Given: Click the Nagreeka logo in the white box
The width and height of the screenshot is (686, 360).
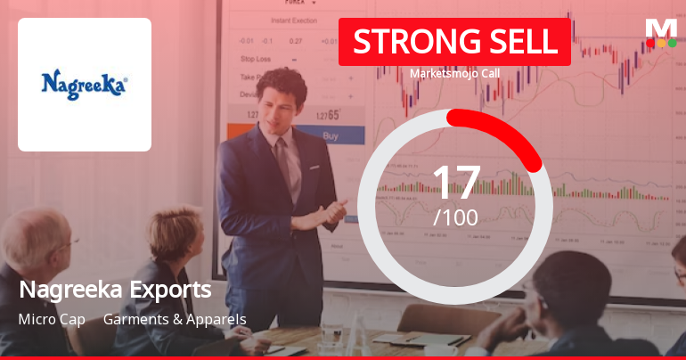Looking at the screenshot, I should (85, 85).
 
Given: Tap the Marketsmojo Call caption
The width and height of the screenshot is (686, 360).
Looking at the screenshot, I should (453, 74).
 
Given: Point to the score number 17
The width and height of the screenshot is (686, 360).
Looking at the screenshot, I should (455, 182).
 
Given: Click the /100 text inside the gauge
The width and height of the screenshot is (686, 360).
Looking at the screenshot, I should (455, 217).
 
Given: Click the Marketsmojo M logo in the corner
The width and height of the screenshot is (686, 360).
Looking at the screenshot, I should (660, 32).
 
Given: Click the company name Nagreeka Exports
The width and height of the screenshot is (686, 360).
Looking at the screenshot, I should (115, 290).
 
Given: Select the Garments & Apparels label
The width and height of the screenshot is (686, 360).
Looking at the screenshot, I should (175, 319).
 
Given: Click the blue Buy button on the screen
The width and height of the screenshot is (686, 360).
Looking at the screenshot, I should (330, 136).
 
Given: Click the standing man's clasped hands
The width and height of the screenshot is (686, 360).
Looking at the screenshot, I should (331, 211).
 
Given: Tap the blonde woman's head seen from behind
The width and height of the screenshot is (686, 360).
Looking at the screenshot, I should (175, 233).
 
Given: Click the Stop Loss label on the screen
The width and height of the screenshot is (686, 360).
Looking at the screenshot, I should (257, 59).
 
